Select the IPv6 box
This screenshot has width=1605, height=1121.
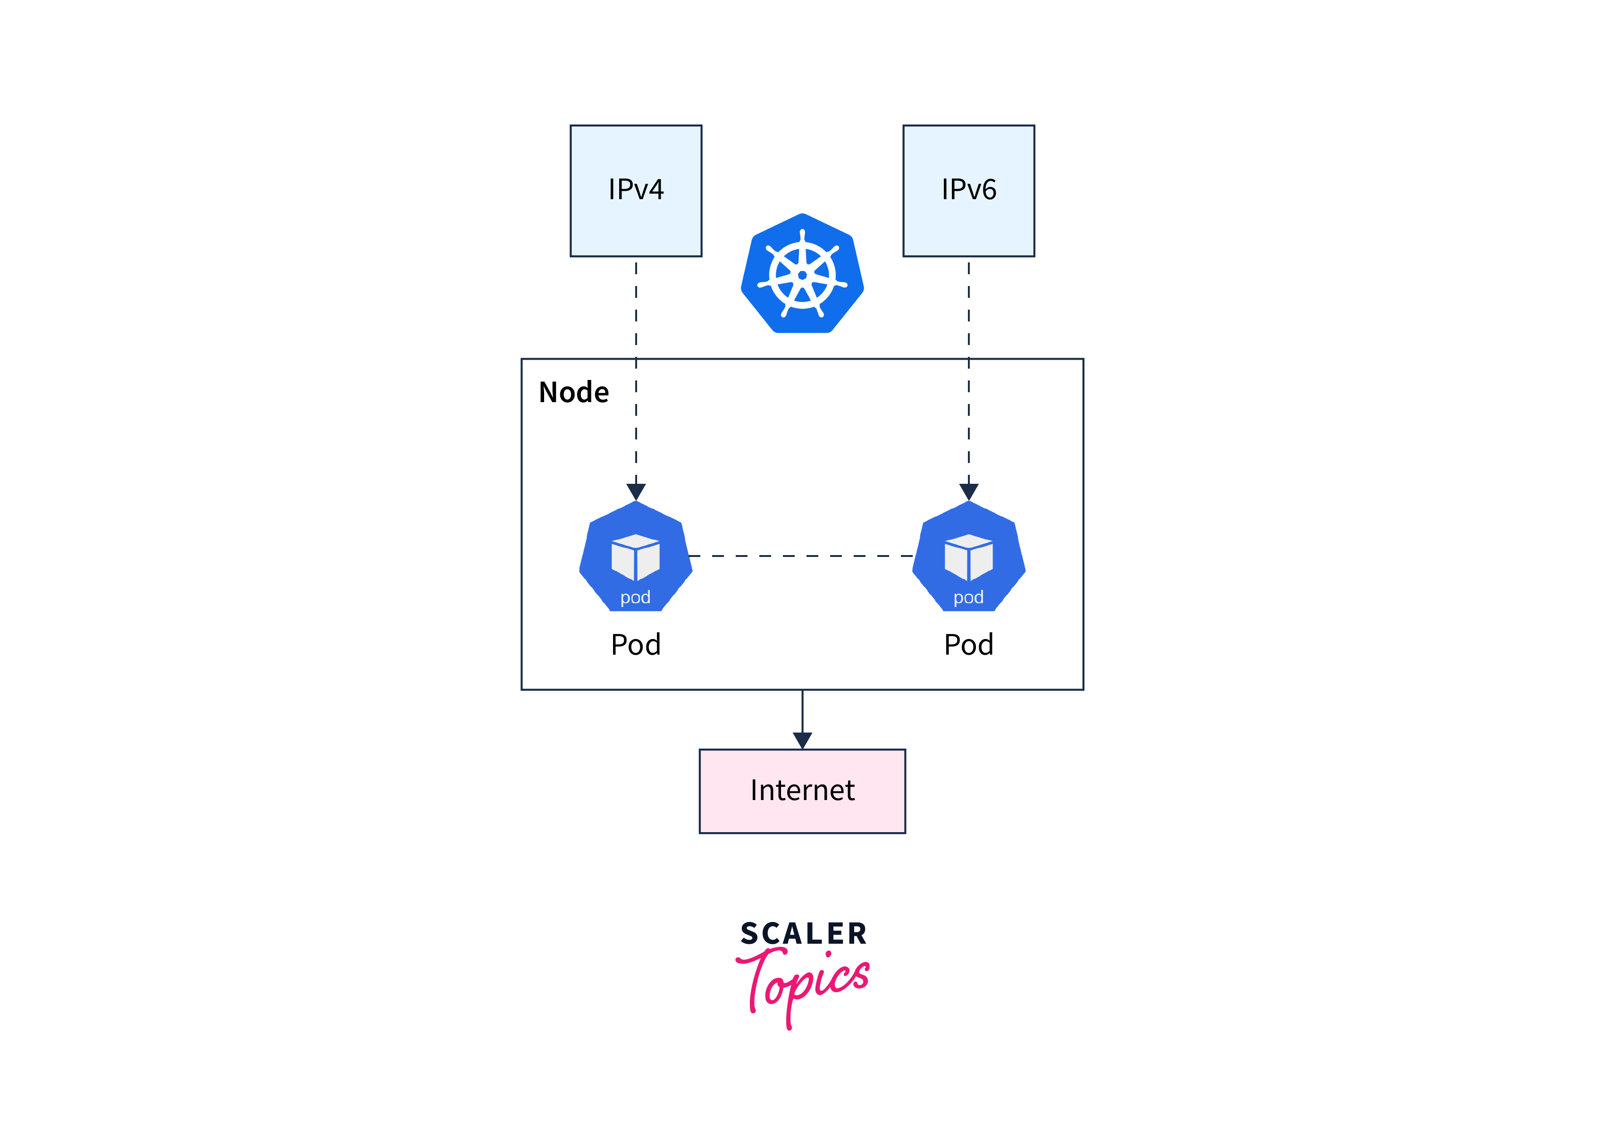968,191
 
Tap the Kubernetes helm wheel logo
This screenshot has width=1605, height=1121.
802,274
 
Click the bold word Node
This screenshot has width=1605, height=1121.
573,392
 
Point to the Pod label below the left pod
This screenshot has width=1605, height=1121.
635,644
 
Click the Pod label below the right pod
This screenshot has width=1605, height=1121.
968,644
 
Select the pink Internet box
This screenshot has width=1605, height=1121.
802,791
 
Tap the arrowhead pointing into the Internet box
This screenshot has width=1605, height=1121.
802,741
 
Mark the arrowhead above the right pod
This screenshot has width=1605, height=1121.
968,491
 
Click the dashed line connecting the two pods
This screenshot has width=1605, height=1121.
802,556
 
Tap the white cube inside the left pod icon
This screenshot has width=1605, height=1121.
635,557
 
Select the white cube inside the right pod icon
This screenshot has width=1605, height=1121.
968,557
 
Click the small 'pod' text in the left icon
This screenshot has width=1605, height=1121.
635,597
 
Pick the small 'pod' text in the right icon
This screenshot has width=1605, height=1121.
968,597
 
